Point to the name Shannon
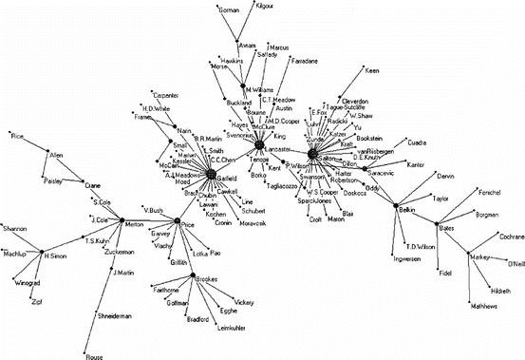click(15, 229)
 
